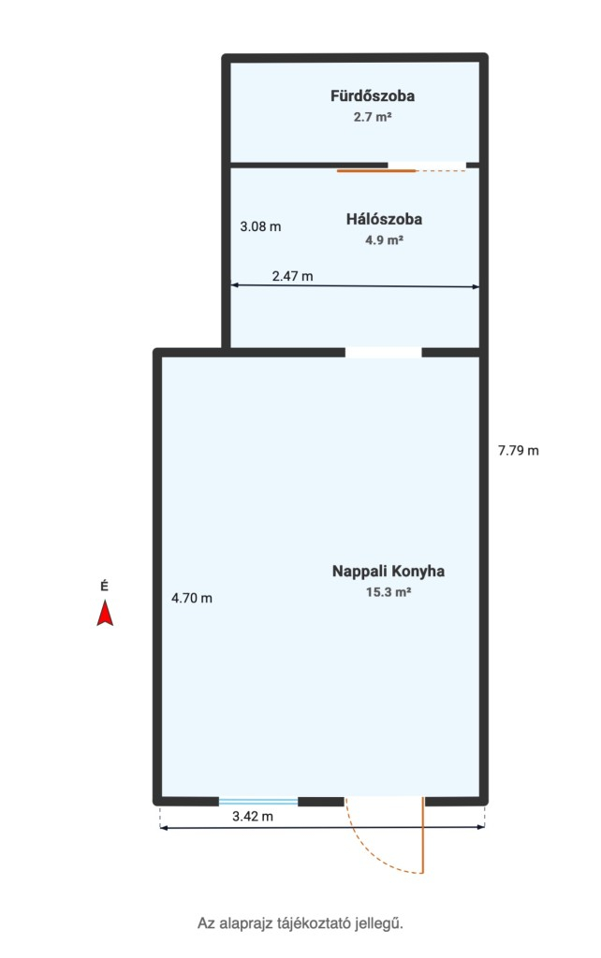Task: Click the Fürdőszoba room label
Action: pos(373,95)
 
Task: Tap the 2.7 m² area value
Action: pos(373,116)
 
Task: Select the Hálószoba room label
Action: pos(384,219)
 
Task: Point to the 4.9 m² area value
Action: pos(384,239)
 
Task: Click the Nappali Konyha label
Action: pos(388,572)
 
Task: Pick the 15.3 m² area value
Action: pos(388,592)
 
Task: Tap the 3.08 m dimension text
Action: pos(260,226)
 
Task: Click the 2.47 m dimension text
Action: pos(292,276)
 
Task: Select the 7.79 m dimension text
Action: pos(519,451)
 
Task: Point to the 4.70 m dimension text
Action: pos(192,598)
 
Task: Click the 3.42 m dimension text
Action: pos(253,816)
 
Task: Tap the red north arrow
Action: pos(105,614)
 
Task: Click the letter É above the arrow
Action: pos(105,587)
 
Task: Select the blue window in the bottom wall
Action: pos(258,802)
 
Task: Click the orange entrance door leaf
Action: pos(422,835)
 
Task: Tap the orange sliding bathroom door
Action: pos(376,171)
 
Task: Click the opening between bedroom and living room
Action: pos(383,353)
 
